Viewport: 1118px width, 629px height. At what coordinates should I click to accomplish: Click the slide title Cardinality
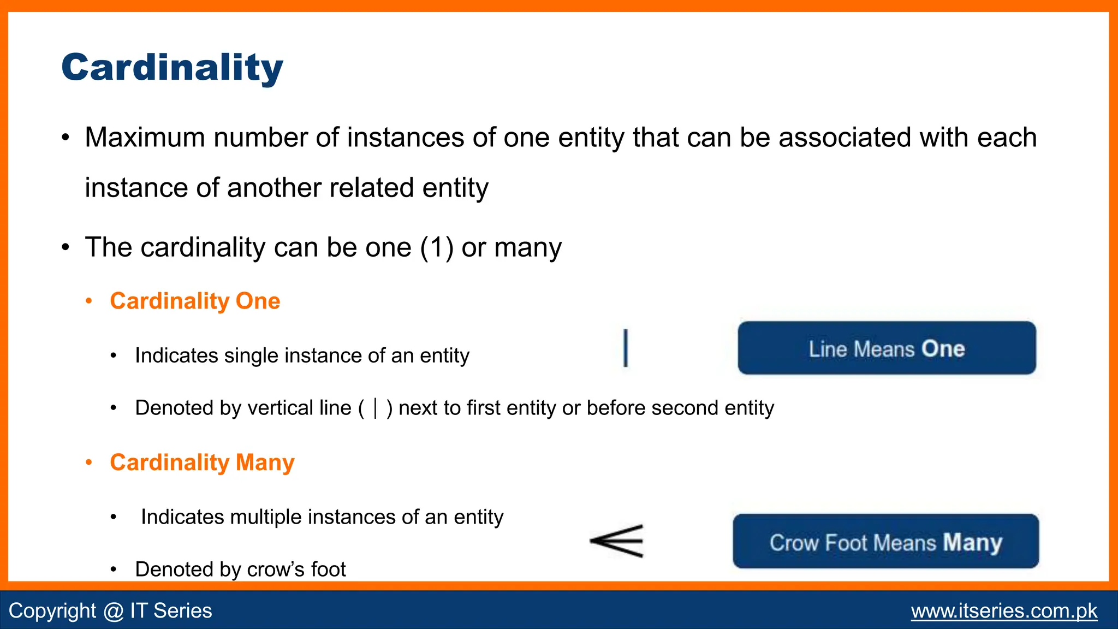point(172,68)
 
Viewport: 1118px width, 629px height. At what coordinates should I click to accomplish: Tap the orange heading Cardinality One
point(195,301)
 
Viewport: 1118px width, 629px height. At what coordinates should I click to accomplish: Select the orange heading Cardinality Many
point(202,463)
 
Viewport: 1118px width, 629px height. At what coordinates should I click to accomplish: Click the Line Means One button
point(887,348)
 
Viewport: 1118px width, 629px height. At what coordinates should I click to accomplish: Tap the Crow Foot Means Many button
point(885,542)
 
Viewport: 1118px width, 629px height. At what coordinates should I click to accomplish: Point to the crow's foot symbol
point(617,541)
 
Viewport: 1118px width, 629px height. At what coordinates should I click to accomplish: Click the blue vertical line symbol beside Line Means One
point(626,348)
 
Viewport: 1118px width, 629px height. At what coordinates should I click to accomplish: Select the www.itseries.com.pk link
point(1004,611)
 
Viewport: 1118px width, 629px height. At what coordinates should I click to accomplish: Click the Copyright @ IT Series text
point(110,611)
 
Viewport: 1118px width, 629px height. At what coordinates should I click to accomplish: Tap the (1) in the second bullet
point(437,248)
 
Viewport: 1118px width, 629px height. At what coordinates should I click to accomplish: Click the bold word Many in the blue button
point(972,543)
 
